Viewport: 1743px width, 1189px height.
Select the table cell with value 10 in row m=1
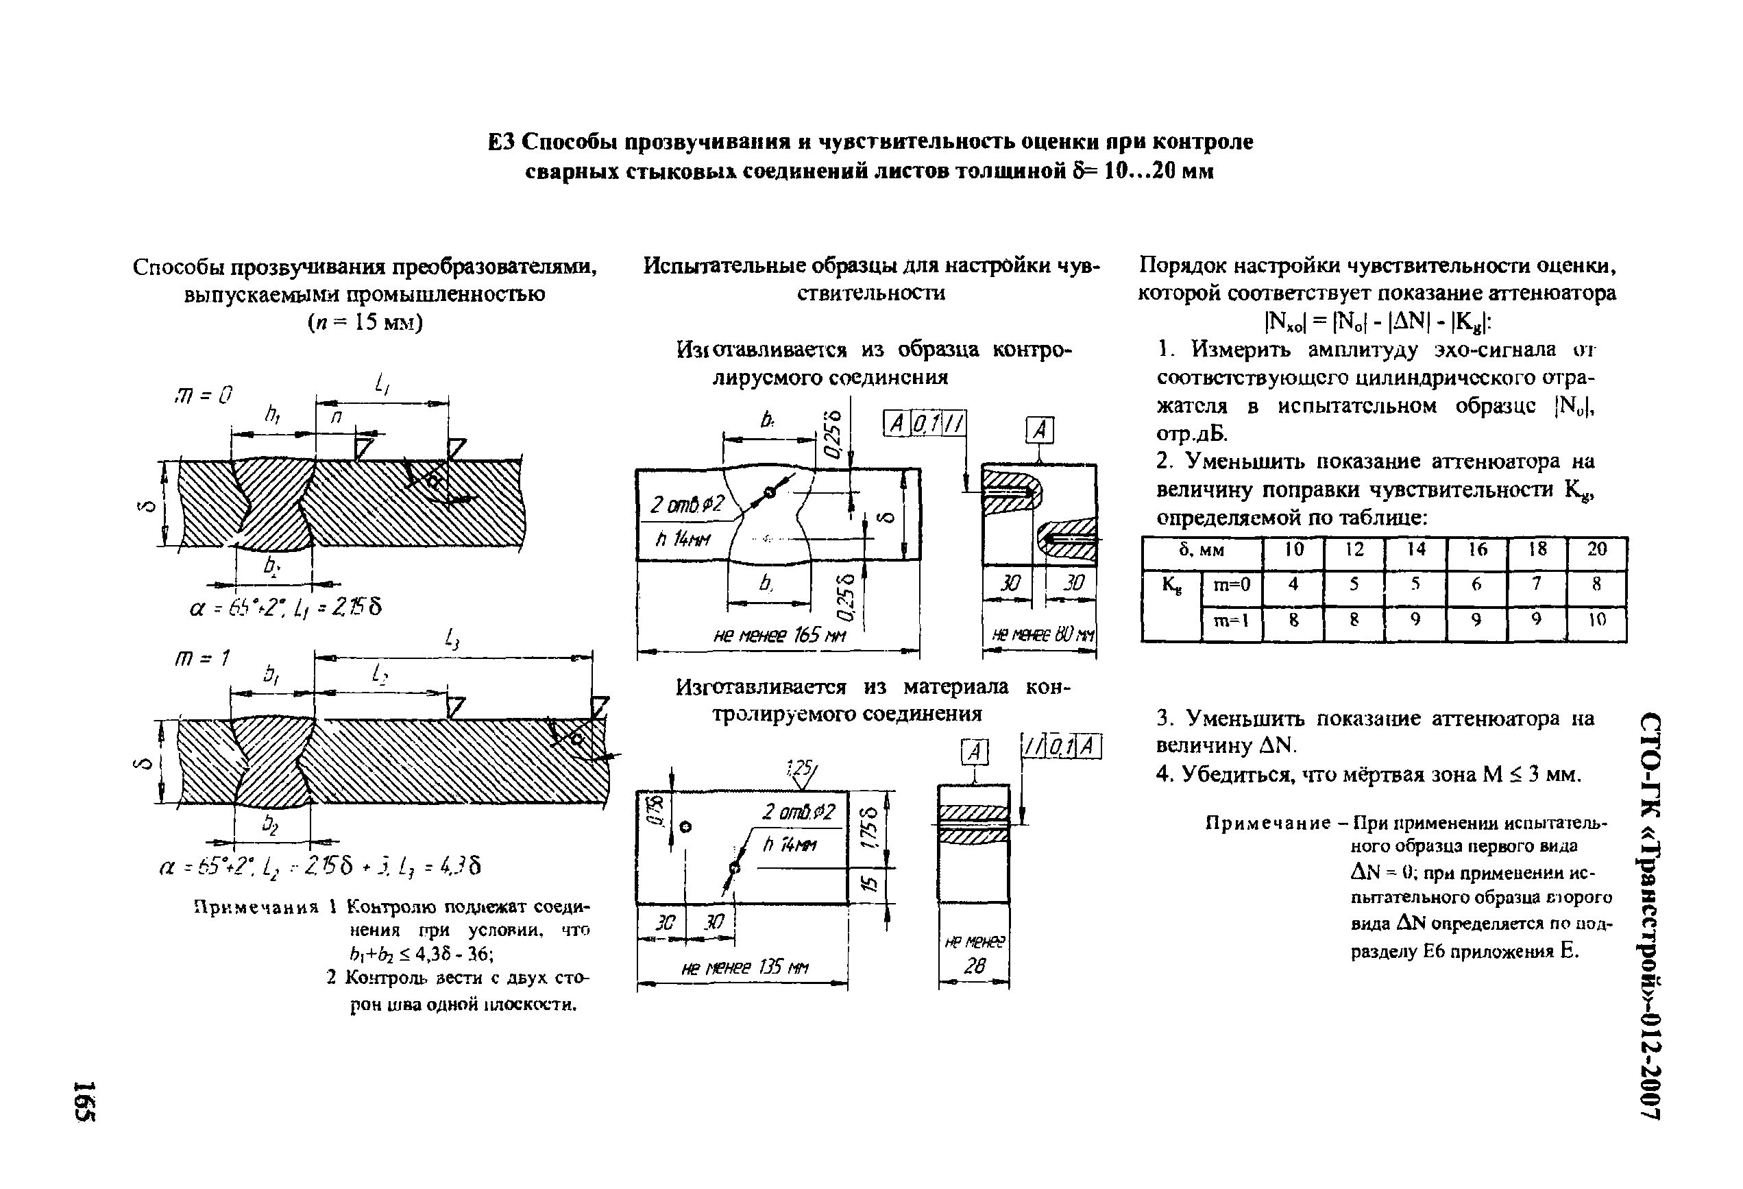(1597, 620)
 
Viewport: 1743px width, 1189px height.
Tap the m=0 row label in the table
(1232, 584)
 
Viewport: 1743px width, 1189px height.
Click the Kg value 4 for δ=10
(1293, 584)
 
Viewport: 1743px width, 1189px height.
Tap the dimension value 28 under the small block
(973, 967)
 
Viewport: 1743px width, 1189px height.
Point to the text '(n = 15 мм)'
(365, 322)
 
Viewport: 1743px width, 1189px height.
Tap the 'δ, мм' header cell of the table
(1202, 551)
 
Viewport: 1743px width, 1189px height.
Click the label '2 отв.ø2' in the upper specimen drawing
(686, 505)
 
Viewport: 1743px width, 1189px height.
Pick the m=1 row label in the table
(1232, 620)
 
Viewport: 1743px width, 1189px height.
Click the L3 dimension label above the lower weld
(452, 639)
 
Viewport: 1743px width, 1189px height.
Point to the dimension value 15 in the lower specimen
(868, 885)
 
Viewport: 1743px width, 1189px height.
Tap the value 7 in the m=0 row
(1537, 584)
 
